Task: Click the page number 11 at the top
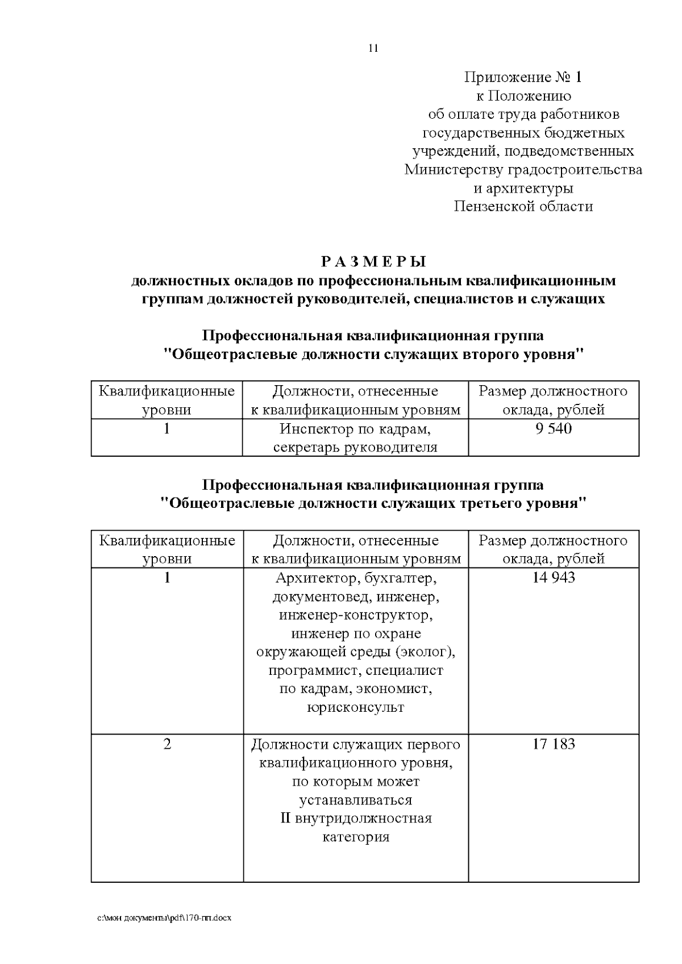click(373, 48)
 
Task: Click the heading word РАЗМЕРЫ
click(373, 262)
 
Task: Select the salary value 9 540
click(553, 428)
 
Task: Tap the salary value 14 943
click(553, 578)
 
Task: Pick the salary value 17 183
click(553, 744)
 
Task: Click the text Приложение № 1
click(523, 77)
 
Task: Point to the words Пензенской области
click(523, 206)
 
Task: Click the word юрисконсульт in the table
click(356, 708)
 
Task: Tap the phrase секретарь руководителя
click(356, 447)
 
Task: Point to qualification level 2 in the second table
click(167, 744)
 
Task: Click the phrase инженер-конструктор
click(356, 615)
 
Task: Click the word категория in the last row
click(356, 837)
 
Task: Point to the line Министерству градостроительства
click(523, 170)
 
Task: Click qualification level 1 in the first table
click(167, 428)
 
